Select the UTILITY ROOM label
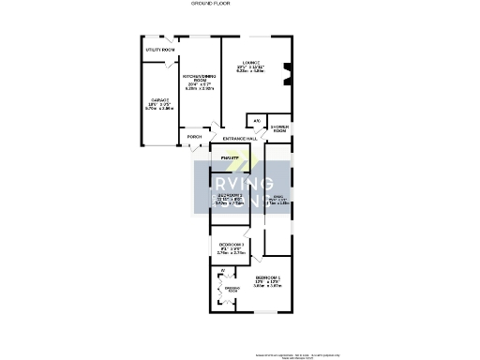tap(160, 50)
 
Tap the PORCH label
tap(194, 137)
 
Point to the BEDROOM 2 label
tap(231, 195)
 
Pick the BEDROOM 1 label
tap(268, 278)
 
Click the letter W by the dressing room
tap(222, 271)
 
